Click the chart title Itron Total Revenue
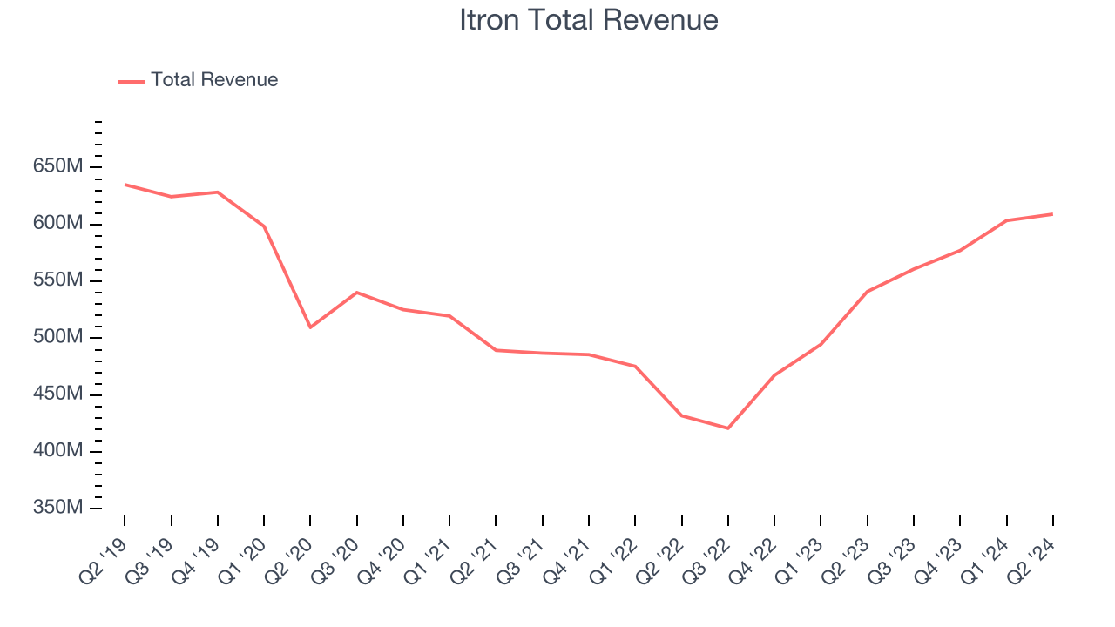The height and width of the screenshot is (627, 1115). point(589,20)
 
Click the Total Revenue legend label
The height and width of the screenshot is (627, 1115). point(214,80)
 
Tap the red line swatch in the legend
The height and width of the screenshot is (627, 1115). point(132,81)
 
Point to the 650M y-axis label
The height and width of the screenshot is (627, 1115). point(59,166)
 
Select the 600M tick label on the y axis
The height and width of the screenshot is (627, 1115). point(59,224)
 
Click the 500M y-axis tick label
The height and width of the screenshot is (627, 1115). point(59,337)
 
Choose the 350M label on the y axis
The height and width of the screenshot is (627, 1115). point(59,508)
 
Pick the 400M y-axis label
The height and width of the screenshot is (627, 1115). point(59,451)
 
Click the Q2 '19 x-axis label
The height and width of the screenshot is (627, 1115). point(103,552)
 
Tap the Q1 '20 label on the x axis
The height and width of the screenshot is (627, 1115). point(242,552)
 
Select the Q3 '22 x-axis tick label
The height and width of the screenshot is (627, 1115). point(706,552)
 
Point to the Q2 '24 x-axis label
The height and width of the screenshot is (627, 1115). point(1031,552)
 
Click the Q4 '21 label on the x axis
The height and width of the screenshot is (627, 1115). point(567,552)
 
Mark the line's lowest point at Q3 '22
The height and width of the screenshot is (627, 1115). point(728,428)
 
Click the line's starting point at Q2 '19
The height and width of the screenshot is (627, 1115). point(125,185)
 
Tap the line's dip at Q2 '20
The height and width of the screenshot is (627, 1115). point(310,327)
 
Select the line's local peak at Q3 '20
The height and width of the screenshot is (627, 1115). point(357,293)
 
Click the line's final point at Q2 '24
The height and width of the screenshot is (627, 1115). point(1052,214)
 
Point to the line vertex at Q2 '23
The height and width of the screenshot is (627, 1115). point(867,292)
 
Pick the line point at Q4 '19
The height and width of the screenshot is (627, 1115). point(218,192)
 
